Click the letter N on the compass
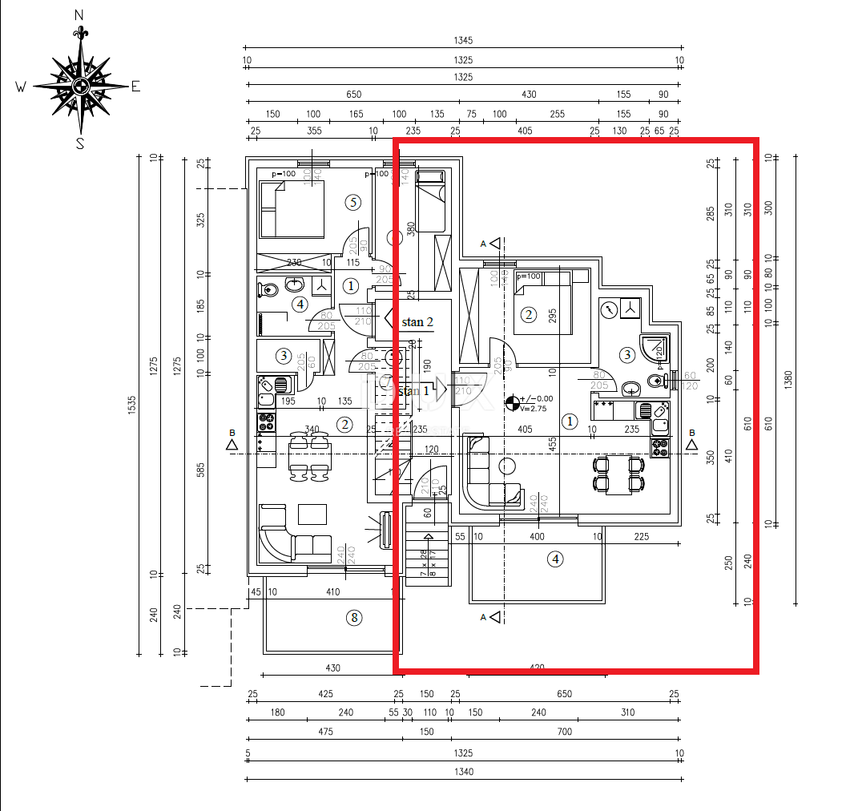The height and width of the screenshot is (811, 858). tap(79, 14)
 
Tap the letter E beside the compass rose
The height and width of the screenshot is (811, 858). tap(135, 87)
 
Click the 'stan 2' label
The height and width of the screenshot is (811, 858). tap(417, 322)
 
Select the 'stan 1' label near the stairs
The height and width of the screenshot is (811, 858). tap(414, 391)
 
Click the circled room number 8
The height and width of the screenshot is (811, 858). tap(354, 617)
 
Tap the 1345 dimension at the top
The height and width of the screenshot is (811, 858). tap(463, 41)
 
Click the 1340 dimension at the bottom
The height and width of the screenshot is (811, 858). tap(463, 772)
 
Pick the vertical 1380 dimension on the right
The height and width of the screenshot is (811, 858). tap(790, 378)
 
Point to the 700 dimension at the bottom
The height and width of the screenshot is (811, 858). tap(565, 731)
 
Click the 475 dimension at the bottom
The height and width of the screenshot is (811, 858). tap(325, 731)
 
